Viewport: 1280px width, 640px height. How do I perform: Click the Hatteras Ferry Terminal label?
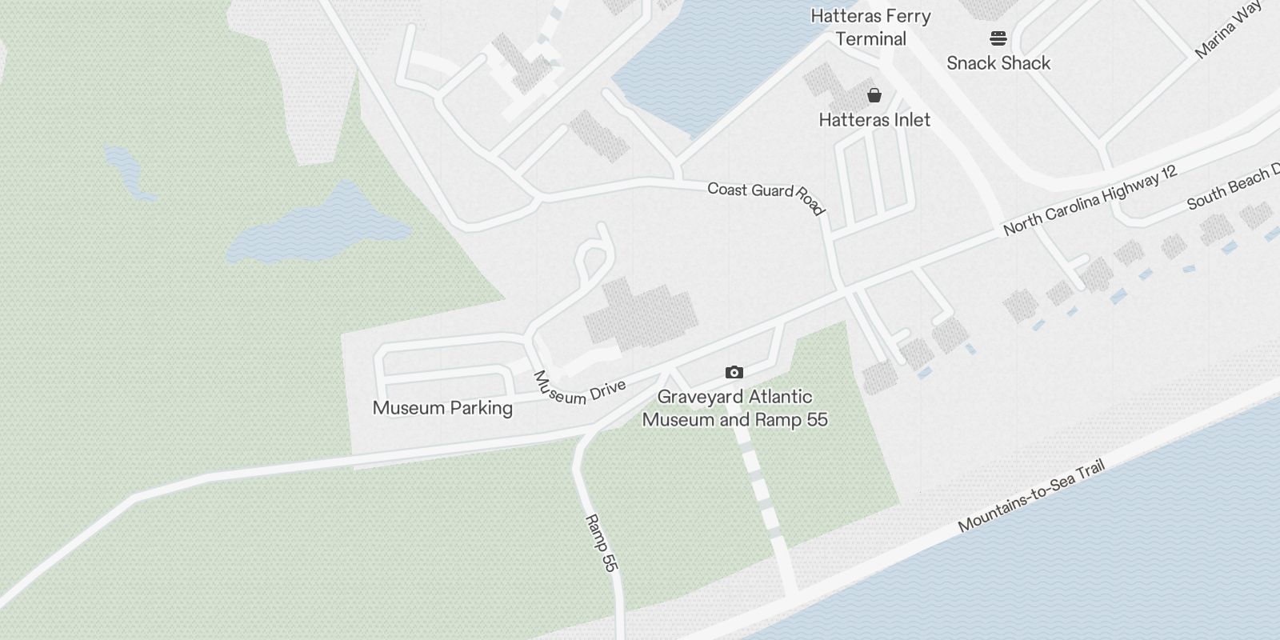pyautogui.click(x=870, y=27)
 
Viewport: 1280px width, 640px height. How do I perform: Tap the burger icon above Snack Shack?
pyautogui.click(x=998, y=38)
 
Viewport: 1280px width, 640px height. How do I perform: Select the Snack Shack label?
pyautogui.click(x=998, y=63)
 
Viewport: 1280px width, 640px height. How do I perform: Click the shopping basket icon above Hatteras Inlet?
pyautogui.click(x=874, y=95)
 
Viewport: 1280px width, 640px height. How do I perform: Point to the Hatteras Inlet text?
pyautogui.click(x=874, y=120)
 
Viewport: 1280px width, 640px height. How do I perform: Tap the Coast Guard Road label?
pyautogui.click(x=765, y=197)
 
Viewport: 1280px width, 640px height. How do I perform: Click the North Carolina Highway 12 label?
pyautogui.click(x=1090, y=201)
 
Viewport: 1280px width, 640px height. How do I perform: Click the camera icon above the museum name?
pyautogui.click(x=734, y=372)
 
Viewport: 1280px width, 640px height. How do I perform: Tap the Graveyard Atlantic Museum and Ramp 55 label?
pyautogui.click(x=734, y=408)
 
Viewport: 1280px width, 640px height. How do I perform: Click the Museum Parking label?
pyautogui.click(x=442, y=408)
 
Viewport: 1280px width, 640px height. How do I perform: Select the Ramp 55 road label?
pyautogui.click(x=602, y=543)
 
